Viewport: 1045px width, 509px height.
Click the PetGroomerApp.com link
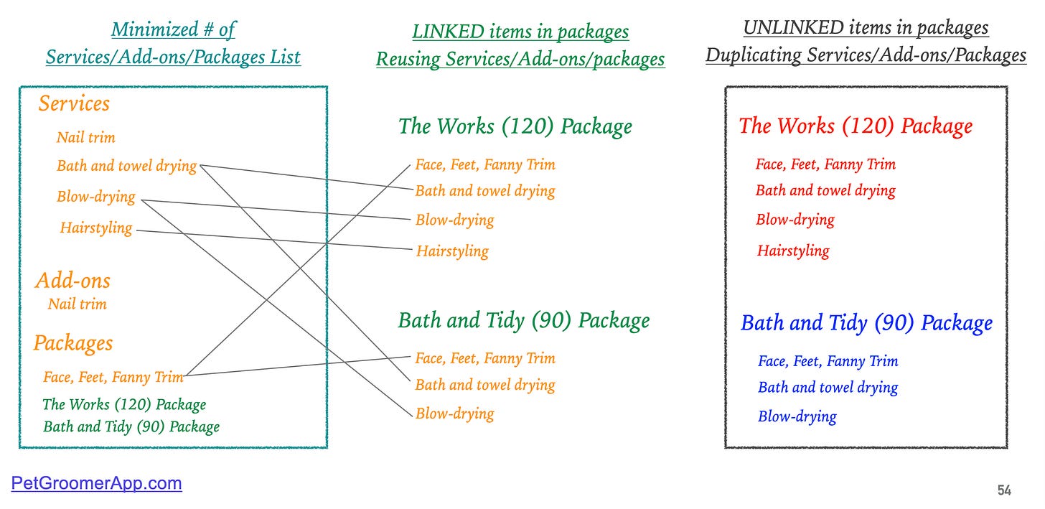coord(96,483)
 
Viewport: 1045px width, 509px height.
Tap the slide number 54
coord(1004,490)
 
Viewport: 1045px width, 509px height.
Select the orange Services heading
coord(74,103)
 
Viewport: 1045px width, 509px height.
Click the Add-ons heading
coord(72,281)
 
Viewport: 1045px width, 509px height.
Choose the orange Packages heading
coord(72,343)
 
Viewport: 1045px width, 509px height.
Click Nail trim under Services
coord(85,137)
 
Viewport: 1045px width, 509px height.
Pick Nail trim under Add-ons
coord(77,304)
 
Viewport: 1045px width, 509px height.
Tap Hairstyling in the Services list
coord(96,228)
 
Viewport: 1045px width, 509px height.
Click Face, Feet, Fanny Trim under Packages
coord(113,376)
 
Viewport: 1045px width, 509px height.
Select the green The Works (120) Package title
coord(515,126)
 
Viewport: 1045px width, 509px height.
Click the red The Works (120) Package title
coord(856,126)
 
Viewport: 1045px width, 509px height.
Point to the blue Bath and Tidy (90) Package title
coord(866,323)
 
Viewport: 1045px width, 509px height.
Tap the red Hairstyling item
coord(792,251)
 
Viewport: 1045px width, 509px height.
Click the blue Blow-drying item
coord(797,416)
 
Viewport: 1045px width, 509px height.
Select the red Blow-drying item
coord(795,220)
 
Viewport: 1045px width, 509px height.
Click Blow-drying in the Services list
coord(96,197)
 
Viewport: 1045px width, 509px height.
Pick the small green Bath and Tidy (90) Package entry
coord(131,427)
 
